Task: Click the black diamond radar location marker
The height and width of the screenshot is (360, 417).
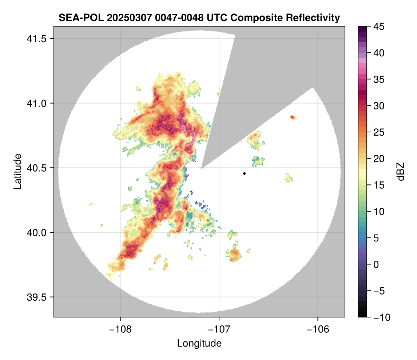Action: coord(244,173)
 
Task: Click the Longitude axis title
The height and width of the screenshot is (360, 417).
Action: coord(199,343)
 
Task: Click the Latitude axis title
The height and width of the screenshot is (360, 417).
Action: coord(17,171)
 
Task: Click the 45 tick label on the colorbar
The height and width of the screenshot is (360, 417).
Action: coord(379,27)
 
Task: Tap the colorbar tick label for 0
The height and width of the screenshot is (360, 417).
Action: coord(377,265)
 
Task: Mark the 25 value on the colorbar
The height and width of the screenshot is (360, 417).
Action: coord(379,132)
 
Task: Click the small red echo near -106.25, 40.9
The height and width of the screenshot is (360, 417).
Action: coord(293,117)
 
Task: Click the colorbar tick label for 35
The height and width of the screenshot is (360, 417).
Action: coord(379,80)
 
